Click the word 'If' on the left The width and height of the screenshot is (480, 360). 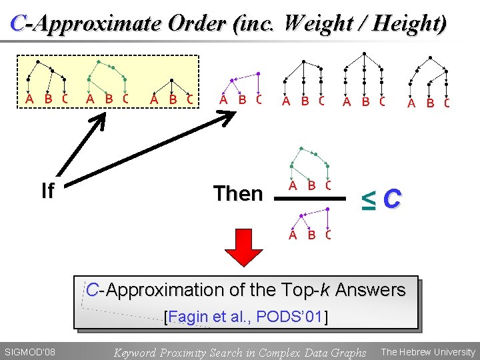point(47,191)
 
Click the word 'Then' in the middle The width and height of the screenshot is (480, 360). point(238,194)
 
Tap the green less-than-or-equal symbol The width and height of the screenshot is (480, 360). point(367,198)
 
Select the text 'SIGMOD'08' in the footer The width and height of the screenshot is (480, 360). point(30,351)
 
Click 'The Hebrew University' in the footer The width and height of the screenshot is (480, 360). point(427,351)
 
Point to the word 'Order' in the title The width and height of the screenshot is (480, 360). point(195,24)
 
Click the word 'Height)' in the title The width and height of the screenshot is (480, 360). point(409,24)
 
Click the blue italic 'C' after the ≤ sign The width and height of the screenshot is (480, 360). point(393,198)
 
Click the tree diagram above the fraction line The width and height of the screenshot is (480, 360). point(310,167)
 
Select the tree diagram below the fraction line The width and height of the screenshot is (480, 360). point(310,224)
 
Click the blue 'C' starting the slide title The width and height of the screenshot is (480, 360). point(19,24)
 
